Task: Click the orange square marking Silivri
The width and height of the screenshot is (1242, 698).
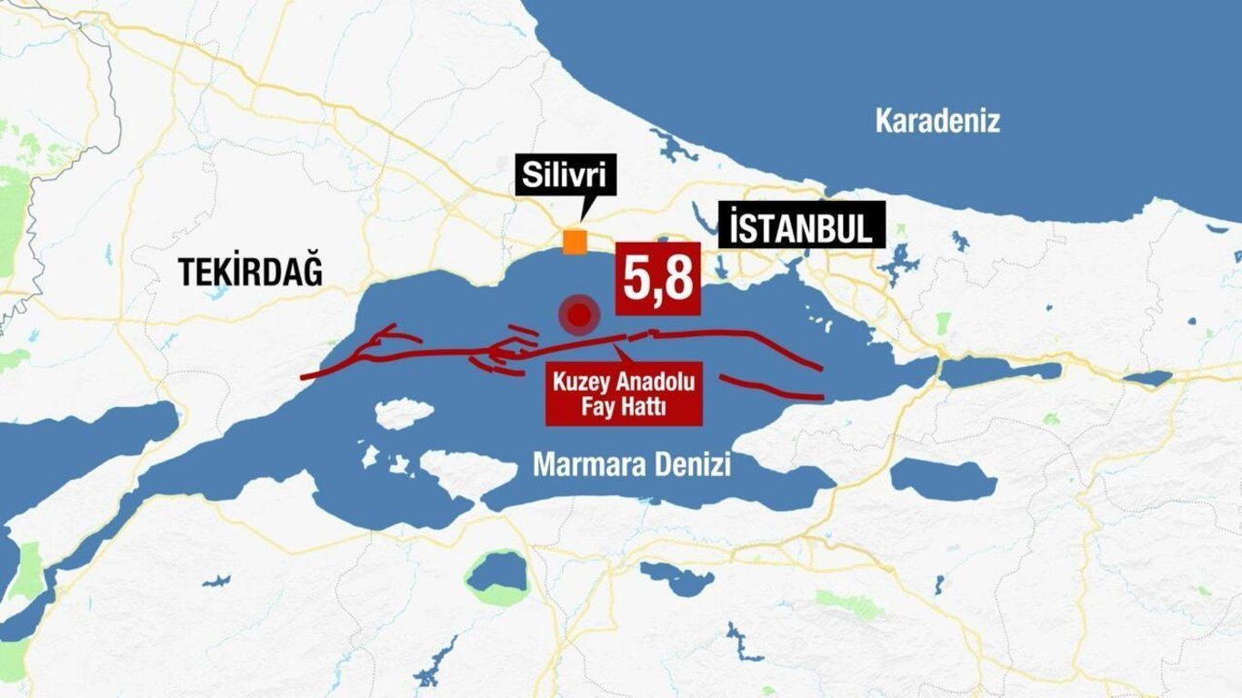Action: click(574, 242)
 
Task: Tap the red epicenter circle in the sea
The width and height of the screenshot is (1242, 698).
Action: click(579, 316)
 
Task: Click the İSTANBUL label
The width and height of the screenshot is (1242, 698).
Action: click(801, 225)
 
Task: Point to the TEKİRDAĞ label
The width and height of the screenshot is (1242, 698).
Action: click(250, 272)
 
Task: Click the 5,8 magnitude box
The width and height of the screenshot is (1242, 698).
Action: click(658, 279)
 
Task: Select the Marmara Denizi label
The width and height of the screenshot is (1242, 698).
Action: click(632, 464)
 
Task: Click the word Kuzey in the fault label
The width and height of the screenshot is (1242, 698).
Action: click(583, 380)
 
